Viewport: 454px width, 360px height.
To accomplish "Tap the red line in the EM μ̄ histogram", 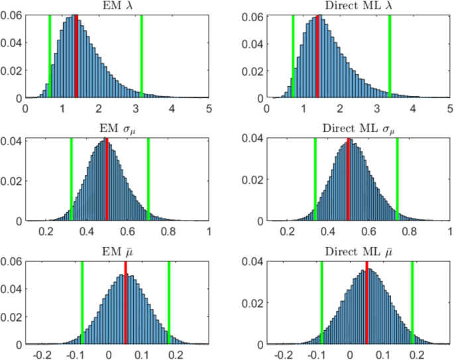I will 125,305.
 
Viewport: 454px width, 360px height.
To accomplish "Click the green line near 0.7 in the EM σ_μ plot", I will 148,179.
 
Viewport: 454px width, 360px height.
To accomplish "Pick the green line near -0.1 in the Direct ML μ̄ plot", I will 321,305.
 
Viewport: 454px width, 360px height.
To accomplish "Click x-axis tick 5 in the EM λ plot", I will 209,107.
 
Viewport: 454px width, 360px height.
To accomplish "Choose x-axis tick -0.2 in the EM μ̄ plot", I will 44,354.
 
